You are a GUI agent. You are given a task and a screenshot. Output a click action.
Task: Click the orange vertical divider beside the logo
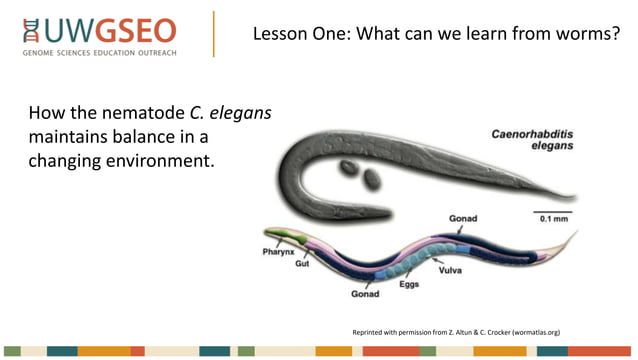[x=213, y=35]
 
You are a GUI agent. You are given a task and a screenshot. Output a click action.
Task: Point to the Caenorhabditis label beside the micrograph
[x=533, y=133]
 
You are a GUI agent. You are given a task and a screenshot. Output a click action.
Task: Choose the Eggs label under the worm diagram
[x=409, y=286]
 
